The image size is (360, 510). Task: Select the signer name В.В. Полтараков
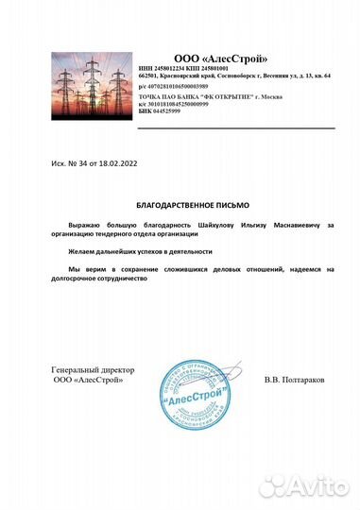pyautogui.click(x=295, y=379)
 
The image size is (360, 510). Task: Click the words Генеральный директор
pyautogui.click(x=93, y=369)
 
